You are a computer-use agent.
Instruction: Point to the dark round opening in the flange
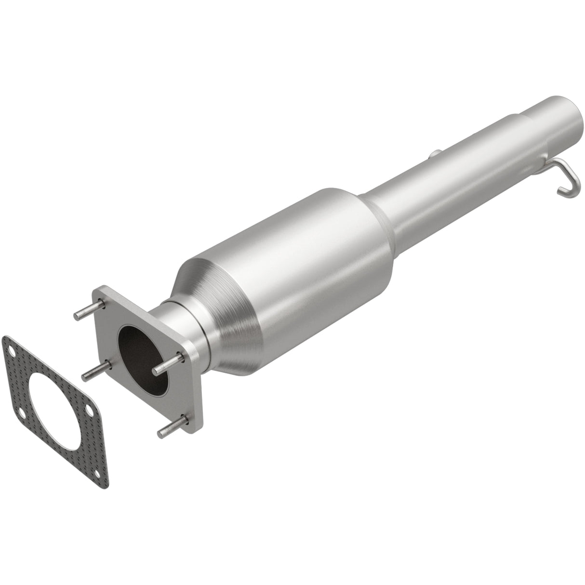pos(144,359)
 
